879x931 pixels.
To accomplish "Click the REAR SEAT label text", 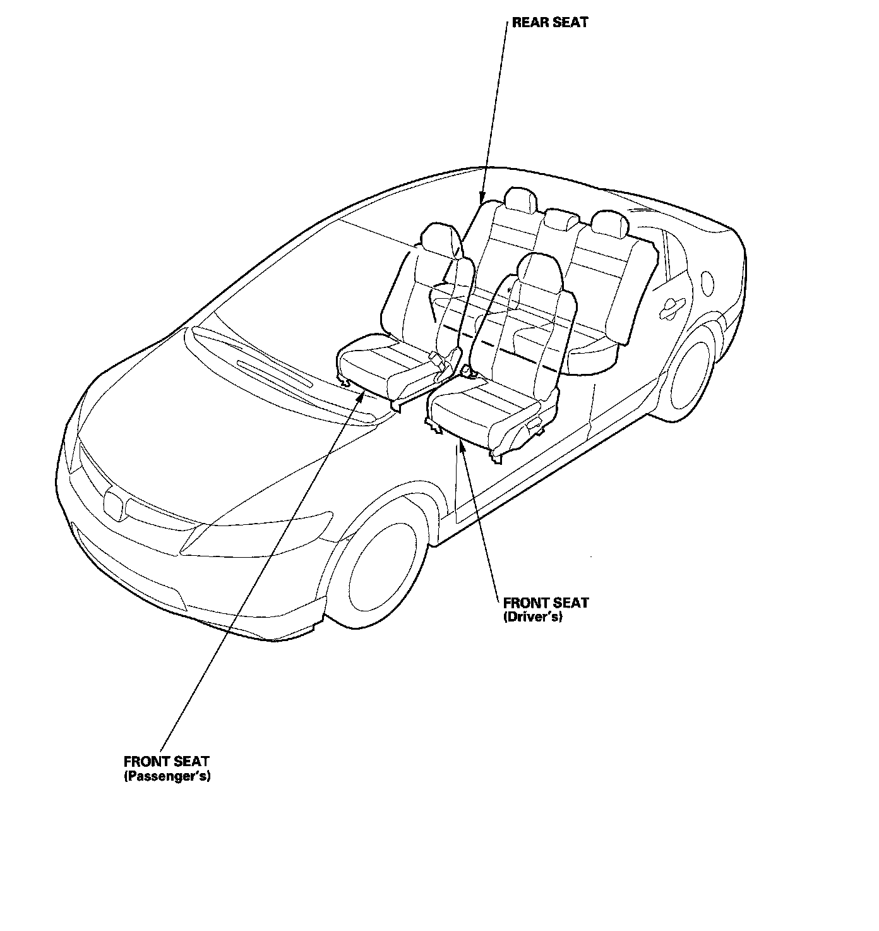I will (x=549, y=23).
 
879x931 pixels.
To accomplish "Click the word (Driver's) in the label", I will (x=532, y=617).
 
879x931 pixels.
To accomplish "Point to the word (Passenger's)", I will (x=167, y=776).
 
